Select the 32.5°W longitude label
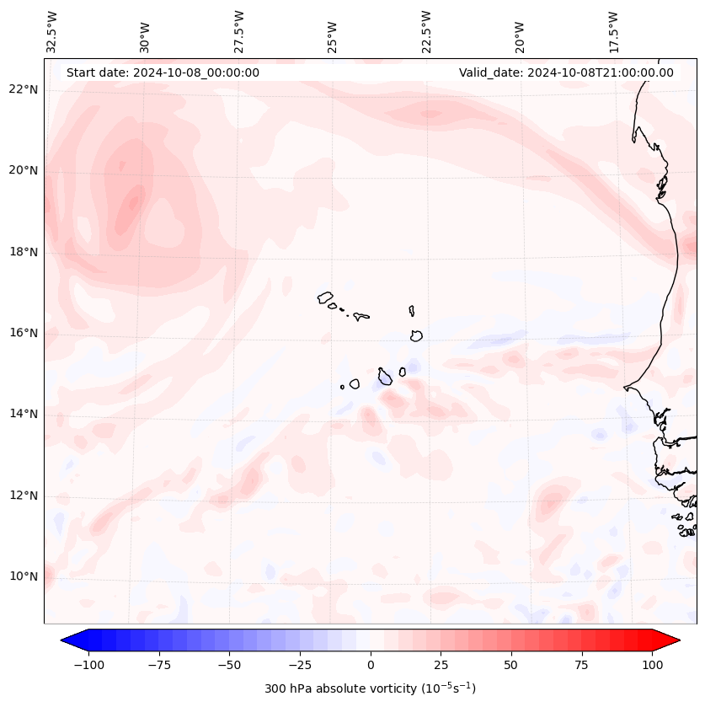(x=52, y=31)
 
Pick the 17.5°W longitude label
(x=614, y=31)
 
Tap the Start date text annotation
(x=163, y=72)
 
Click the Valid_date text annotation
(x=566, y=72)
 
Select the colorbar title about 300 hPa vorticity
(x=370, y=688)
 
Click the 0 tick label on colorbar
(x=371, y=665)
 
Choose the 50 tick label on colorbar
(x=511, y=665)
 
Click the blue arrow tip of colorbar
(x=64, y=640)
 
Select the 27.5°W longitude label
(x=239, y=31)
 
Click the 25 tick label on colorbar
(x=441, y=665)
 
